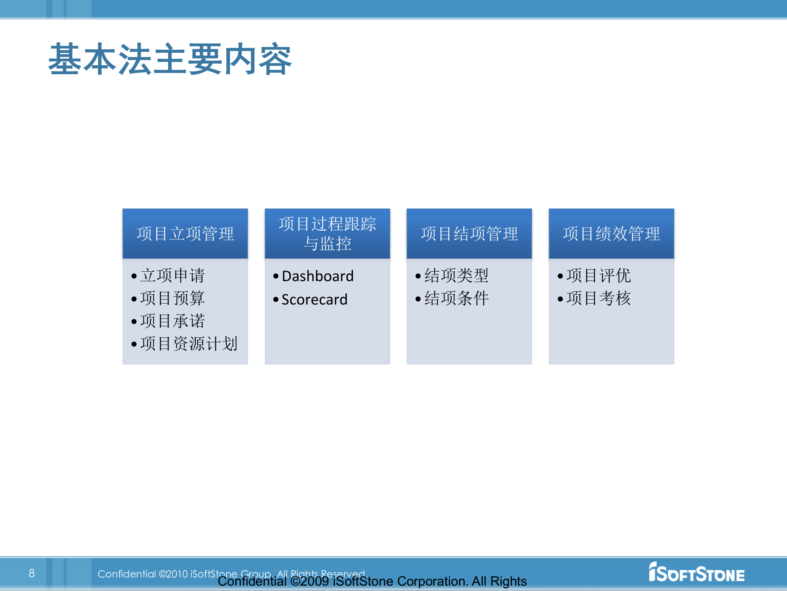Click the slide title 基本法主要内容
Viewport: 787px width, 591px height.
[170, 60]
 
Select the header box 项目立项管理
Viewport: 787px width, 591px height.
[185, 234]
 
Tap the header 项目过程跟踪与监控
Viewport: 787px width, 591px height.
[327, 234]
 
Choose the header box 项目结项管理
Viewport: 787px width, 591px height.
[469, 234]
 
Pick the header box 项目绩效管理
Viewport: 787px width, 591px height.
[611, 234]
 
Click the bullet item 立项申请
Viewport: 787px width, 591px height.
[172, 275]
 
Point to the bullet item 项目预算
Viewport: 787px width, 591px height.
[172, 298]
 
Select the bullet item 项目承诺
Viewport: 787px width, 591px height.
[172, 321]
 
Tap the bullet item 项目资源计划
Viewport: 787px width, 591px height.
[189, 344]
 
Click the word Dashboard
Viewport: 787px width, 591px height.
[318, 276]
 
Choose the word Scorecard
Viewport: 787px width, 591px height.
[314, 300]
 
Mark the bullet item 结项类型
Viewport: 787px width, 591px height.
[456, 275]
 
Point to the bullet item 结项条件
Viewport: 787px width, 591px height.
[456, 298]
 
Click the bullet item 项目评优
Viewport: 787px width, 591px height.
[598, 275]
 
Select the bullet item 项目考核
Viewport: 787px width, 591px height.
[598, 298]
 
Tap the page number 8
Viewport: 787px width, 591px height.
[32, 573]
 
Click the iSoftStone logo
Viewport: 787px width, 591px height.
[696, 573]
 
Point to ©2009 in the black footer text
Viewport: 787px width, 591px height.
[309, 582]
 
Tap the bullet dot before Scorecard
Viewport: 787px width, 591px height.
[276, 300]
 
